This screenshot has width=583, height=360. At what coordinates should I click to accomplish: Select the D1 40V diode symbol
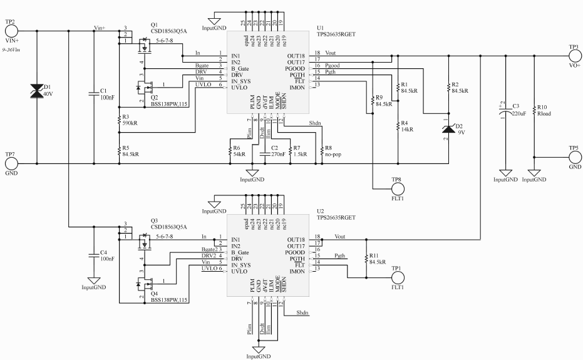point(37,92)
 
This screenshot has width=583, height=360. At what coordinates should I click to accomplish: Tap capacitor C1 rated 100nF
point(93,95)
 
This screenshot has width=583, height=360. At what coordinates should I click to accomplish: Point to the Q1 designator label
point(155,26)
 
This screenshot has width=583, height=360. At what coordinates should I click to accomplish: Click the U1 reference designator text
point(321,27)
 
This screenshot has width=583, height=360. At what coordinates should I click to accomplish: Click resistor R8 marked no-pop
point(321,150)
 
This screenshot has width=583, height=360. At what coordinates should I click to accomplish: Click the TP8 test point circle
point(396,187)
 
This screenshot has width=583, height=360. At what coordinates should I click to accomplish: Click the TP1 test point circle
point(396,275)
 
